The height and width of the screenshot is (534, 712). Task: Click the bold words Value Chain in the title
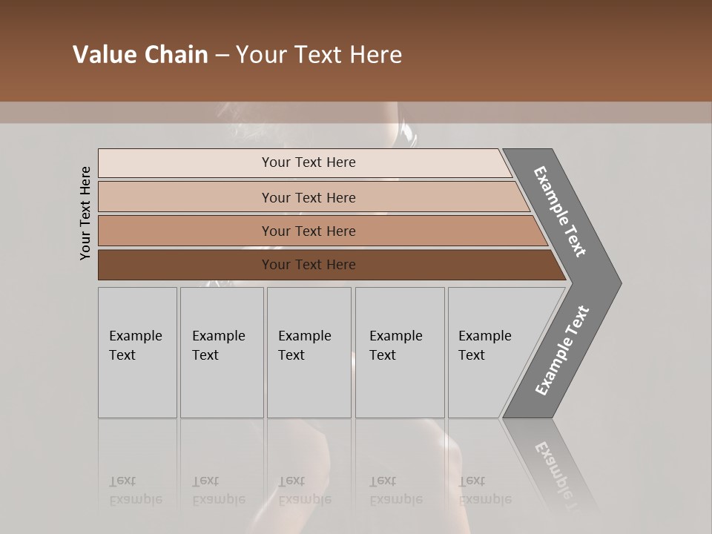click(x=140, y=55)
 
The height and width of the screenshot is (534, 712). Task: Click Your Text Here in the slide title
click(x=319, y=55)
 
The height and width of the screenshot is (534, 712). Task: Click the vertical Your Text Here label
click(x=85, y=214)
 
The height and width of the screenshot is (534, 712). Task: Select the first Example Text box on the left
click(x=137, y=352)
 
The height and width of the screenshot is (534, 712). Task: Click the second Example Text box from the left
click(x=221, y=352)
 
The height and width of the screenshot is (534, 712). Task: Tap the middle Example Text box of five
click(x=309, y=352)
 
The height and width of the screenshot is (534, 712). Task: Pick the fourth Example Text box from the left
click(x=399, y=352)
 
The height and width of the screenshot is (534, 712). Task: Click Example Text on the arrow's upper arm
click(x=560, y=211)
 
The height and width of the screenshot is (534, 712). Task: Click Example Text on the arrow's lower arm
click(x=561, y=350)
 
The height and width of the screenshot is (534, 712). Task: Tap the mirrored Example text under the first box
click(x=135, y=499)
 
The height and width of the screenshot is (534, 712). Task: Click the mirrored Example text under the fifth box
click(x=484, y=499)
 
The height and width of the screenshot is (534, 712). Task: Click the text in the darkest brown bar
click(x=309, y=265)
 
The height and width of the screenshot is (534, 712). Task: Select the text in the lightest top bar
click(x=309, y=162)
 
